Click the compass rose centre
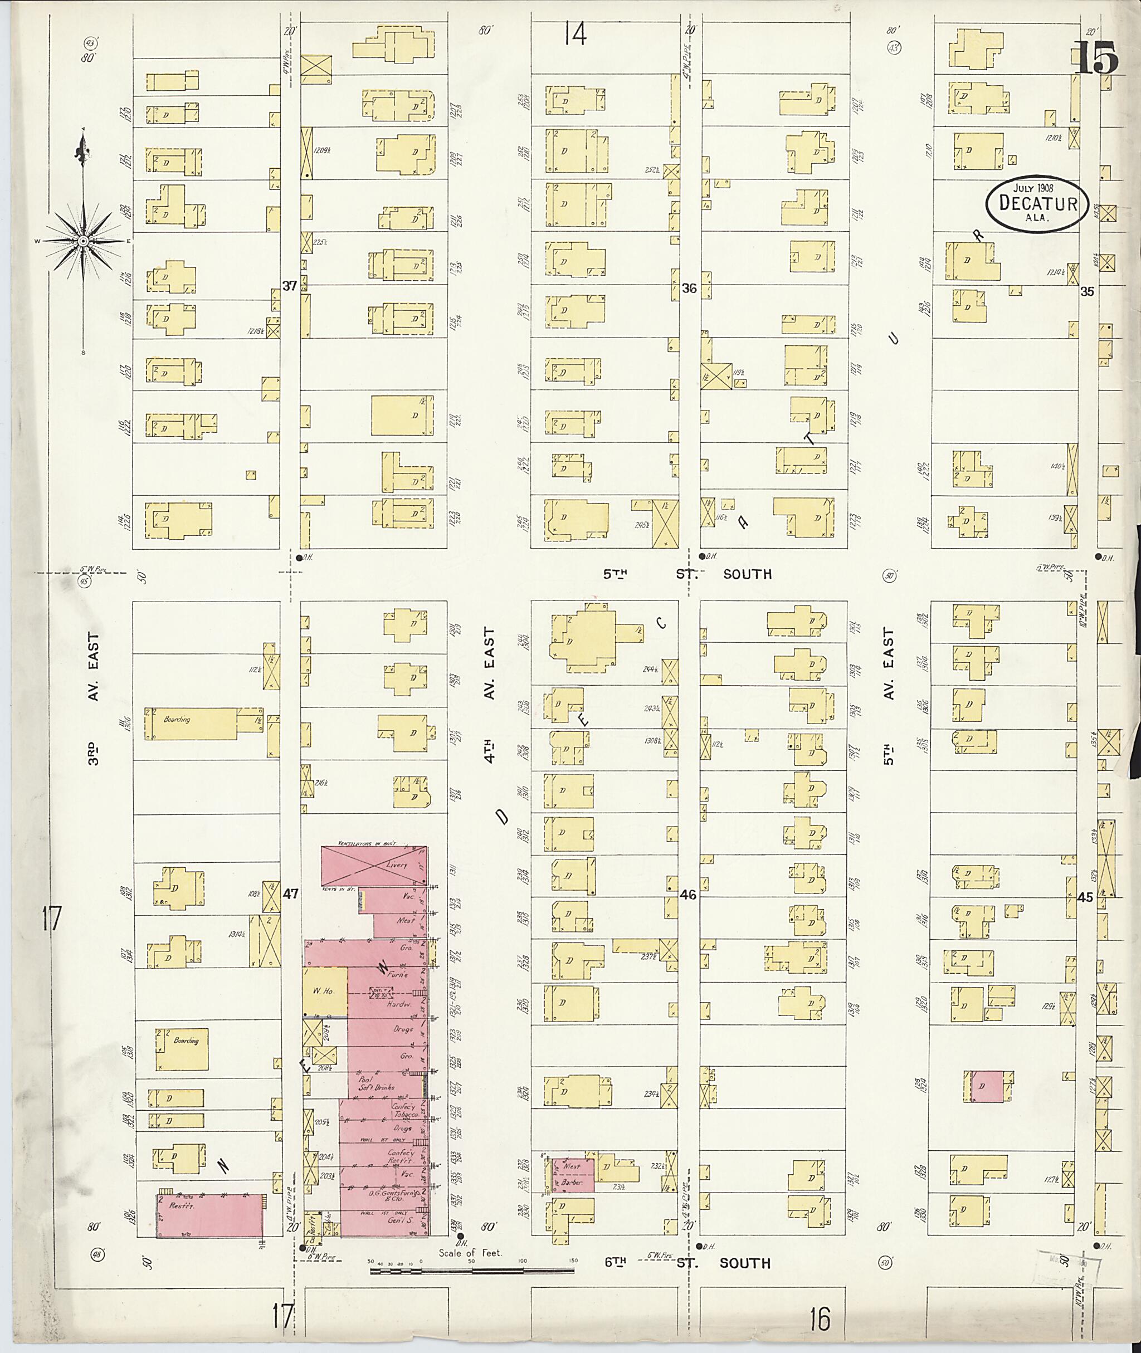(83, 241)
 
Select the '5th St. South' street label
(687, 574)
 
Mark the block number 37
(289, 285)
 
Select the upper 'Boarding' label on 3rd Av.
(176, 719)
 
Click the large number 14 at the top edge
(574, 33)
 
